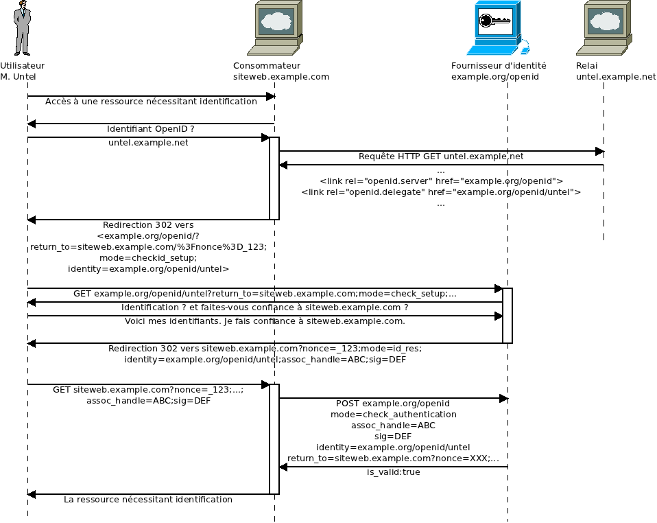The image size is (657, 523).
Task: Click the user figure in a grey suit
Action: (x=23, y=29)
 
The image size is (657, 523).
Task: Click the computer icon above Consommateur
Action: (x=274, y=27)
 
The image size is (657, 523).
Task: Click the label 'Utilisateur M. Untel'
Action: (x=22, y=71)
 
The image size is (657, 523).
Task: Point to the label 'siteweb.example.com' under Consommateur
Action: (x=281, y=77)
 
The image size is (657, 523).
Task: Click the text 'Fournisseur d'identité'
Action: (x=499, y=66)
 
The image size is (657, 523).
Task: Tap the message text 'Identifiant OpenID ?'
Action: (x=151, y=129)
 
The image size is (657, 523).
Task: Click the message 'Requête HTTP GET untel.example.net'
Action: (x=441, y=156)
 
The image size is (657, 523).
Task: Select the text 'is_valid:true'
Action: (x=393, y=472)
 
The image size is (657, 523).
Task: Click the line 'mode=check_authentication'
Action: (x=393, y=415)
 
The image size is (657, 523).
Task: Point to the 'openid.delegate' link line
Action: (x=441, y=192)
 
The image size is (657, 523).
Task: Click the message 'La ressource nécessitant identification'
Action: (x=148, y=500)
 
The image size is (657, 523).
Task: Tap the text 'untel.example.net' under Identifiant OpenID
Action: (x=148, y=143)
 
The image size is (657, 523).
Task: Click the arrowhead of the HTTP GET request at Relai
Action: (x=599, y=151)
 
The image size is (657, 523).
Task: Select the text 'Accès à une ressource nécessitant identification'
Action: (x=151, y=102)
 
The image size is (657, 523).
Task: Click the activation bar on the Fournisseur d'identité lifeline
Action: (x=507, y=316)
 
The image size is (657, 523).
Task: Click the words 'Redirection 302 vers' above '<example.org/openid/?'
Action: (x=148, y=225)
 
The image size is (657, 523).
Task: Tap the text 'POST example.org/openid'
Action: (x=393, y=404)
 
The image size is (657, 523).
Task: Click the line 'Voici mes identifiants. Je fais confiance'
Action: (x=265, y=321)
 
